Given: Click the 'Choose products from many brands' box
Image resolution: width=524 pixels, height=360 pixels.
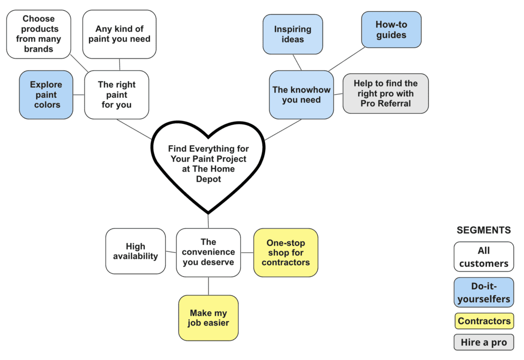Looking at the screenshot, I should tap(38, 34).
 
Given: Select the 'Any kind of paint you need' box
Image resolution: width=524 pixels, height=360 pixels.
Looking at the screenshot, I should tap(119, 34).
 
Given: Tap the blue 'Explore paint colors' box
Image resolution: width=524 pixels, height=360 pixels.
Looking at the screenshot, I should tap(47, 95).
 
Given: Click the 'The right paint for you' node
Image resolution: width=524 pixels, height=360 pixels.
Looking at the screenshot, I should tap(116, 95).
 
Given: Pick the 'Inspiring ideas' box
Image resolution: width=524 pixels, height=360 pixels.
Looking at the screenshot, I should tap(293, 34).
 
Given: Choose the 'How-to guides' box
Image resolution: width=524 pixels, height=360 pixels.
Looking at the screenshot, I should tap(391, 30).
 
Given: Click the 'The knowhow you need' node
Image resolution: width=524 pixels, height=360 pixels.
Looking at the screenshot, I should tap(301, 95).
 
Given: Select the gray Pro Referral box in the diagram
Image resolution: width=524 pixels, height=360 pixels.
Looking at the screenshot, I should tap(385, 93).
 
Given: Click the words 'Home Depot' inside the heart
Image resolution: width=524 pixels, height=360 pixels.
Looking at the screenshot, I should tap(208, 174).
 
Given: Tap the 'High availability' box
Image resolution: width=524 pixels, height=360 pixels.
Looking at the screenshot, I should tap(136, 251).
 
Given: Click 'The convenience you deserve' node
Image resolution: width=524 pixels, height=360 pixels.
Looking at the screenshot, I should tap(208, 252).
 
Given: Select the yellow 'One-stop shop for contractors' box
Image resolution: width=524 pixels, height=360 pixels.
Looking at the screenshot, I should tap(286, 252).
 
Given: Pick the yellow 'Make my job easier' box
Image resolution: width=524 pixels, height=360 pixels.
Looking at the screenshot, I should tap(208, 317).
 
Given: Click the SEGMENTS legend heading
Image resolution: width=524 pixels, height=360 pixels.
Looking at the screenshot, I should tap(484, 230).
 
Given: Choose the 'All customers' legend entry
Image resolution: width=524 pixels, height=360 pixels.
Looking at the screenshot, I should tap(484, 257).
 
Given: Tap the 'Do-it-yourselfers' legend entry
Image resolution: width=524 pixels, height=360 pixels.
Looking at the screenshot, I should tap(484, 292).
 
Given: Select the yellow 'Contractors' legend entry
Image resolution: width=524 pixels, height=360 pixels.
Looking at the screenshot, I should tap(484, 321).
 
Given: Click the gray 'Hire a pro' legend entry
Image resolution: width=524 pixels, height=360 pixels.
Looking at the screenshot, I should tap(484, 343).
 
